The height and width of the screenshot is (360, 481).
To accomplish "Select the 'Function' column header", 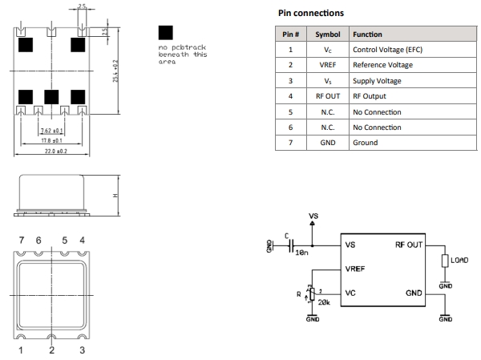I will point(370,35).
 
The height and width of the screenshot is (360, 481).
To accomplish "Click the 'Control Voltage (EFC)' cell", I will point(387,51).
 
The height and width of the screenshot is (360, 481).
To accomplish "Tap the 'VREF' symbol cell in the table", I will point(327,66).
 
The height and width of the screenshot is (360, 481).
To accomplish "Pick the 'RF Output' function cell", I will point(367,96).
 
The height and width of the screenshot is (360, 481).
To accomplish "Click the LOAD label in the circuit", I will point(459,260).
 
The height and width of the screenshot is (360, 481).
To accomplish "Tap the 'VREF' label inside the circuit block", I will point(357,269).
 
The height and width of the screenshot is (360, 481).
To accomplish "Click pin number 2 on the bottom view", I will point(51,351).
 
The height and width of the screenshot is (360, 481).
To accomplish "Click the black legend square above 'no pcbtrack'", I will point(166,33).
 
